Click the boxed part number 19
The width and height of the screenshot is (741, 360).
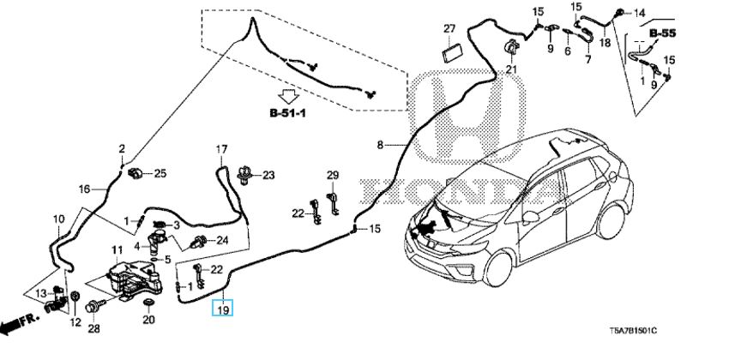[223, 309]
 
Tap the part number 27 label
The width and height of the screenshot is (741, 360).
[449, 30]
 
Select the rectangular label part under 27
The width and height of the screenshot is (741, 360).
[451, 52]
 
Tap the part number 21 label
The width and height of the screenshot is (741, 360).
[512, 69]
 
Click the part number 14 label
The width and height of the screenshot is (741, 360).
[663, 12]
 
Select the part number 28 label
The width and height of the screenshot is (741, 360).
[93, 329]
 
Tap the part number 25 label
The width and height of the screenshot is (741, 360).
[160, 174]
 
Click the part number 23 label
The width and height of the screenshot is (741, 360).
[268, 175]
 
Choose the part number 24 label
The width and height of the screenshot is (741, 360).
[222, 239]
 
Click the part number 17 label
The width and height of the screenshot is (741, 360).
[220, 149]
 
